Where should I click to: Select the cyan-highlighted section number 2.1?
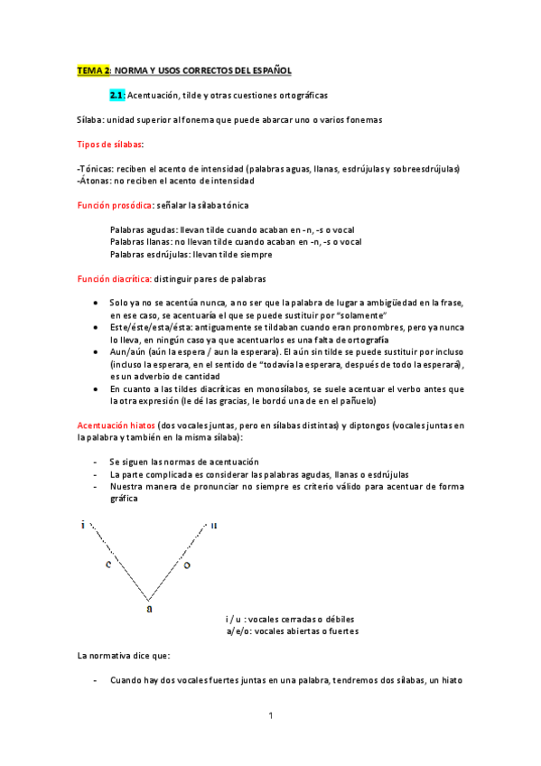point(117,94)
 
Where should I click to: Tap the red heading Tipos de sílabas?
point(109,144)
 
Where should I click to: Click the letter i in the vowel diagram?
point(84,524)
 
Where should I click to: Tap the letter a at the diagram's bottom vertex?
point(149,608)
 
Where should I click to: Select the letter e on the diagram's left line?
point(107,565)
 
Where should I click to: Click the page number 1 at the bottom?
point(270,716)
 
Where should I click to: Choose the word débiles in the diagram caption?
point(336,620)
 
